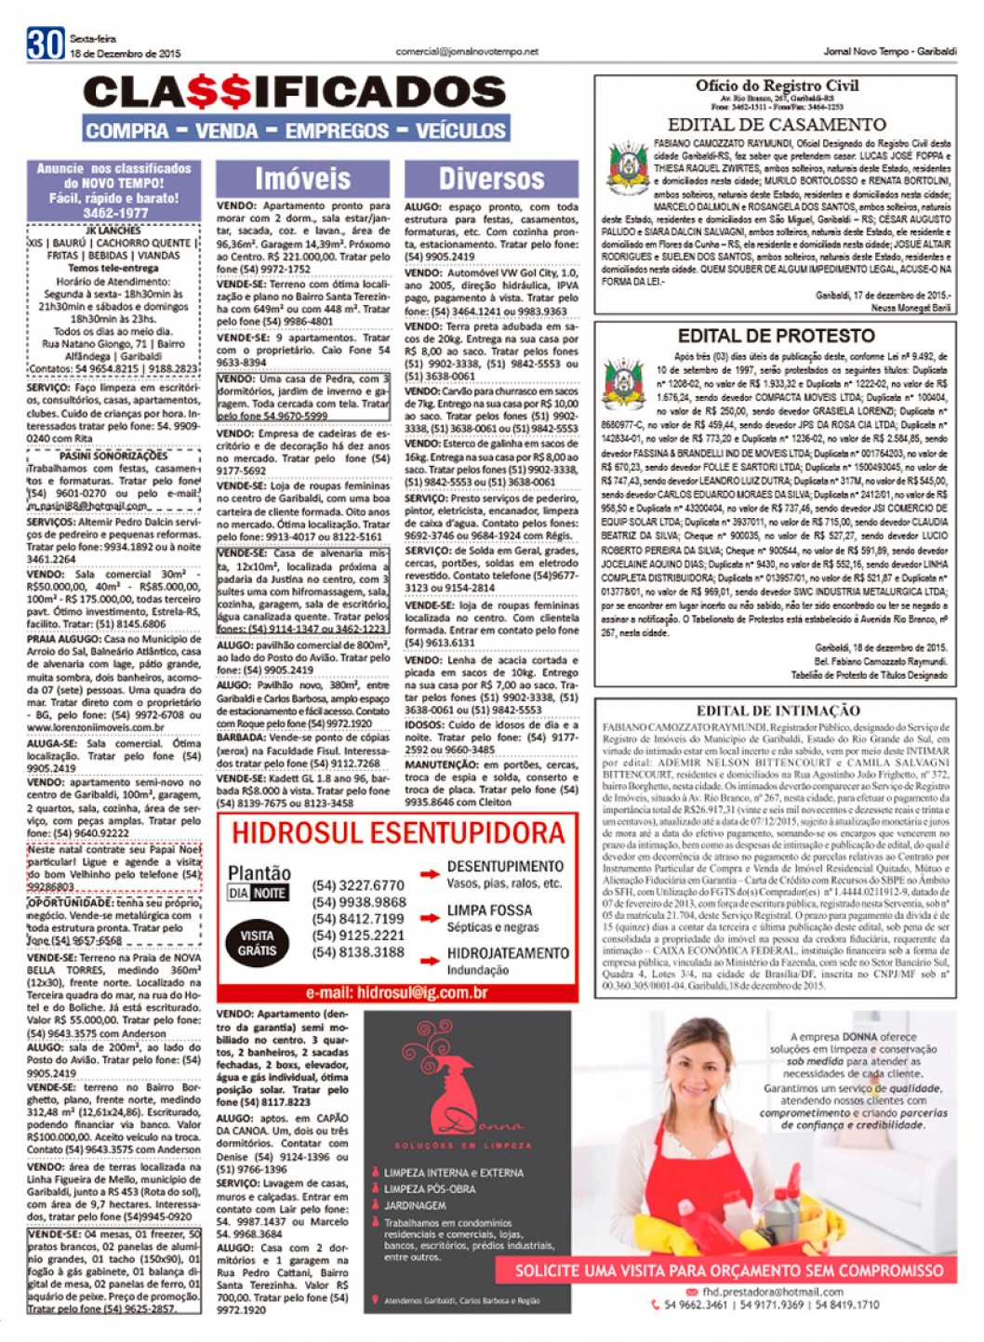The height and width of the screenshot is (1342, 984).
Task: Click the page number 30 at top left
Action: click(45, 44)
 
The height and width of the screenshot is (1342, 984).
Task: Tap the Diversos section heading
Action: click(490, 179)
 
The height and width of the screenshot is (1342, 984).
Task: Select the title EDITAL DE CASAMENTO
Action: click(777, 125)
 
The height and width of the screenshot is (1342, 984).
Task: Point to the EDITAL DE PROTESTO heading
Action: click(776, 336)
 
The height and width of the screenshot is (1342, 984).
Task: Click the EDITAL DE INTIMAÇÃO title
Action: click(778, 711)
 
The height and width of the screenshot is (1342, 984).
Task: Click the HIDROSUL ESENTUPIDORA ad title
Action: click(398, 832)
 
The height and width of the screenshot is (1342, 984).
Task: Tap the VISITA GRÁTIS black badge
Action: click(257, 943)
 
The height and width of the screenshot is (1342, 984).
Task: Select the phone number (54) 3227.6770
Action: click(358, 885)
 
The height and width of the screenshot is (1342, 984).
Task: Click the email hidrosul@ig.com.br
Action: click(397, 993)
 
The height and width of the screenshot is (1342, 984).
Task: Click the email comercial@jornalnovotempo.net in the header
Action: click(467, 51)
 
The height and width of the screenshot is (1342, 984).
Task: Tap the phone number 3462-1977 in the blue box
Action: click(113, 213)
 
